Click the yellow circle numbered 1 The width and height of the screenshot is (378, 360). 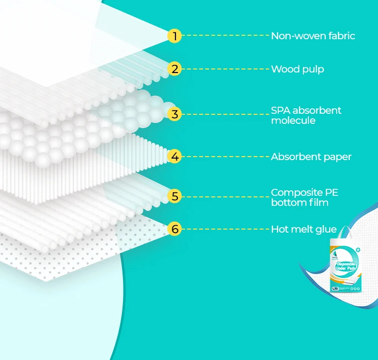175,36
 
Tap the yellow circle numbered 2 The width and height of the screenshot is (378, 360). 175,69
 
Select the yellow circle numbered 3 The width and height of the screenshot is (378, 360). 175,114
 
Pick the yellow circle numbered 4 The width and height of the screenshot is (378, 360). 175,157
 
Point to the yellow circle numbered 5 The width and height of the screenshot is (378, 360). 175,196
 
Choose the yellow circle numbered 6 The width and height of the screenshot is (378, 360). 175,229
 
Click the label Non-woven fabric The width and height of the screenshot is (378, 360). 313,36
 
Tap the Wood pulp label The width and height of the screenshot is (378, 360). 297,69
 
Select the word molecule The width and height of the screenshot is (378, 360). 293,121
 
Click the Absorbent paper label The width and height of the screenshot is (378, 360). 311,157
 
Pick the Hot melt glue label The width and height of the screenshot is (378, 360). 303,229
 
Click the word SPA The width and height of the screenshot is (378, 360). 281,110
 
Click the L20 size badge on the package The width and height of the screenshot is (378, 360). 335,289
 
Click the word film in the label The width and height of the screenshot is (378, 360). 319,202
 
